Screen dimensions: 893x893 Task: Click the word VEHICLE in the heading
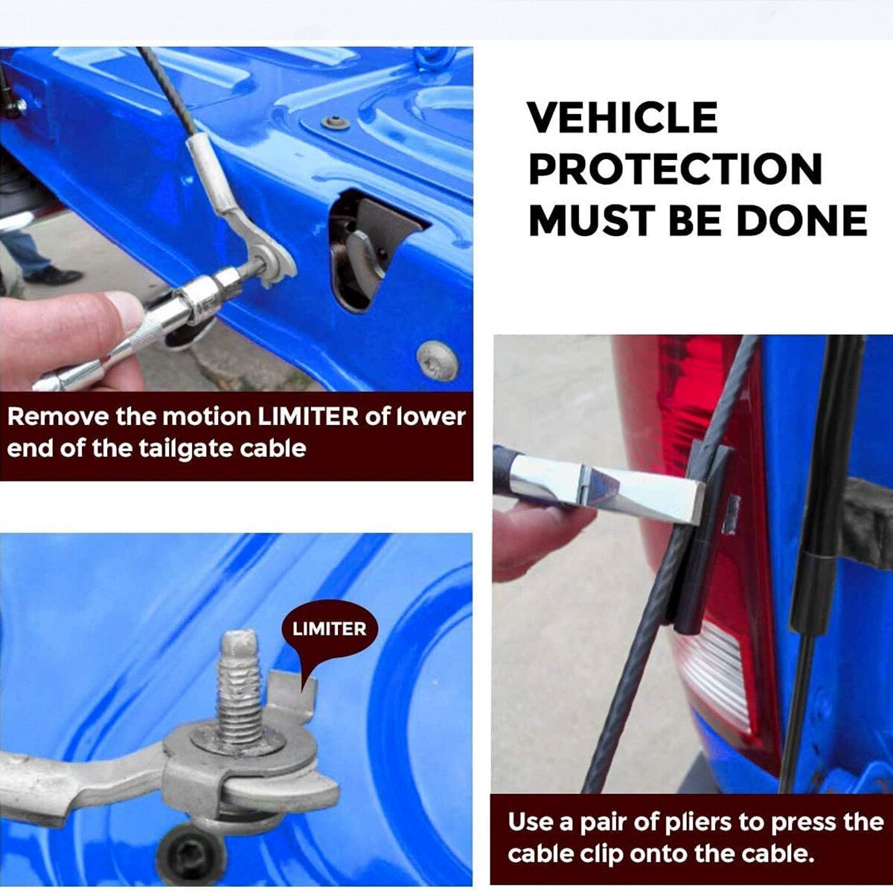pos(623,118)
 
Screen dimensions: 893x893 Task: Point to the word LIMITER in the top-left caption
pos(307,417)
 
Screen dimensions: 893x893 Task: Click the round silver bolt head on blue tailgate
pos(438,361)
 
